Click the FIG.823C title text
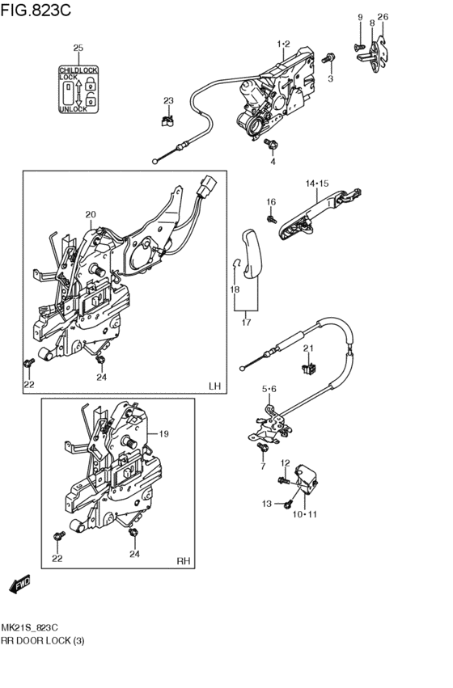coord(36,9)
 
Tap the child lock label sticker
coord(78,89)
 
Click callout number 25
coord(78,48)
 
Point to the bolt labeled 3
coord(328,57)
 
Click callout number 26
coord(383,17)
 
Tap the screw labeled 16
coord(272,218)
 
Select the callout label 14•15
coord(317,184)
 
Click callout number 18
coord(235,289)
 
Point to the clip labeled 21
coord(311,368)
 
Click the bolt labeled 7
coord(264,448)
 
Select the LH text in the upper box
coord(214,386)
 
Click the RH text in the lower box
coord(184,561)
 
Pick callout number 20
coord(91,214)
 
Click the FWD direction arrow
coord(19,584)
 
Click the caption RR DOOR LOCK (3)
coord(43,640)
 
